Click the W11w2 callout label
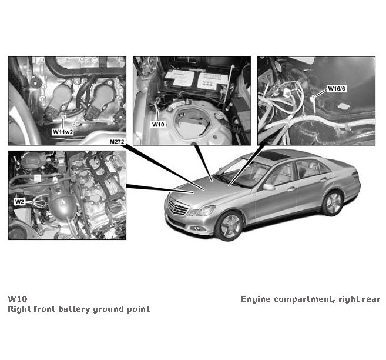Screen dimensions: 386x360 point(63,132)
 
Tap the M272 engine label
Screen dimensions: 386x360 point(117,141)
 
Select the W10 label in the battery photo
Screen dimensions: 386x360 point(158,125)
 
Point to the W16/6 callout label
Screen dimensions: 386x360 point(337,89)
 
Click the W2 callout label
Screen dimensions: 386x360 point(19,202)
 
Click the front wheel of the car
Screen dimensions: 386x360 point(230,226)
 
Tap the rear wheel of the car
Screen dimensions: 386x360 point(333,203)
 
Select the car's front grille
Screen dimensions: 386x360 point(178,207)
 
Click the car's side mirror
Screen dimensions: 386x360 point(269,187)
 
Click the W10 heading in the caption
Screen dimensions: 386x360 point(18,299)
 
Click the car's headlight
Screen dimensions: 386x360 point(206,211)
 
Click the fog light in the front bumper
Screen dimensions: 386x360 point(197,228)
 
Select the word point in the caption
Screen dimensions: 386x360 point(139,309)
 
